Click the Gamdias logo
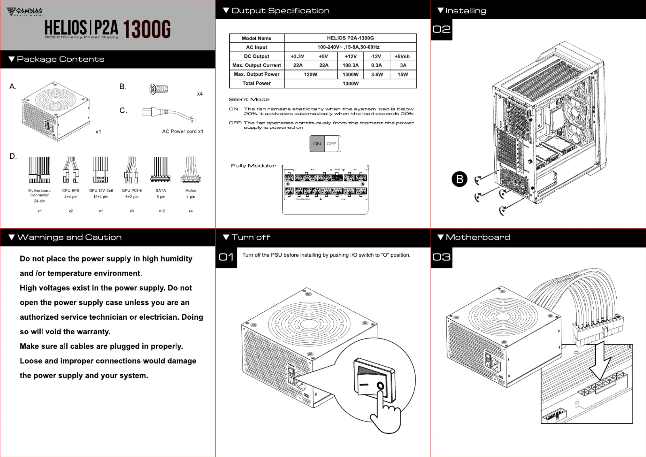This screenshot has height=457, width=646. pos(24,12)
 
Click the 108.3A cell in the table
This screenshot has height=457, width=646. pos(350,65)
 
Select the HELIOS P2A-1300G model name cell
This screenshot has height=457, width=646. pos(350,38)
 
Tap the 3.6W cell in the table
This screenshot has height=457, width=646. pos(377,74)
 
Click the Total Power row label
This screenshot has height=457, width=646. pos(256,83)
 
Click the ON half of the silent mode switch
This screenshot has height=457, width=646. pos(317,144)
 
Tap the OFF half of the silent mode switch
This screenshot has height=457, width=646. pos(331,144)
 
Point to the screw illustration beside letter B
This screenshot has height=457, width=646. pos(159,89)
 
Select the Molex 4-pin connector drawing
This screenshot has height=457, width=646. pos(190,170)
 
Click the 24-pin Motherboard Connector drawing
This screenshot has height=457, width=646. pos(39,170)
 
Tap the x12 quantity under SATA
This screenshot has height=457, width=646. pos(162,211)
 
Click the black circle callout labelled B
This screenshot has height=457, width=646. pos(459,179)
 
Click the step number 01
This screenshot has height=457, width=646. pos(226,257)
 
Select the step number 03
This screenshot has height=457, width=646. pos(441,257)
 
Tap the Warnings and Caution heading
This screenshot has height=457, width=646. pos(69,237)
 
